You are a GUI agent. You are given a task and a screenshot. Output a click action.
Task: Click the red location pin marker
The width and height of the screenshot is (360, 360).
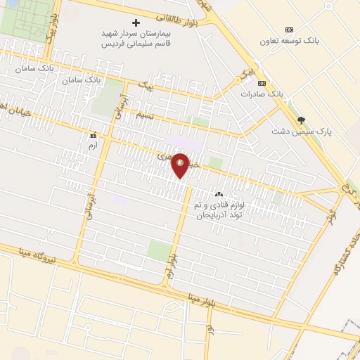tap(181, 165)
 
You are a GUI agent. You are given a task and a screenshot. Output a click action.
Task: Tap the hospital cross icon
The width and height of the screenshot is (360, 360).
tap(136, 22)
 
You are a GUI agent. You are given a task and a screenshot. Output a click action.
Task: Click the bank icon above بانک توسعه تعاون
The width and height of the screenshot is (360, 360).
tap(289, 30)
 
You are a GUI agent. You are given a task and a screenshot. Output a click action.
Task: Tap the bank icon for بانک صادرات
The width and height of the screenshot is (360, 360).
tap(262, 82)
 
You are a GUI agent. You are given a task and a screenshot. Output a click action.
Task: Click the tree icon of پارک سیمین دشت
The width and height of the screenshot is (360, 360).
tap(302, 120)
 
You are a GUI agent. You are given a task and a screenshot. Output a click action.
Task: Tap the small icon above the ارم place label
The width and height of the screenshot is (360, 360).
tap(91, 134)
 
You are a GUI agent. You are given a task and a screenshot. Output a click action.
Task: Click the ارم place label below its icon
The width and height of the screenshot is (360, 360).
tap(91, 145)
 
